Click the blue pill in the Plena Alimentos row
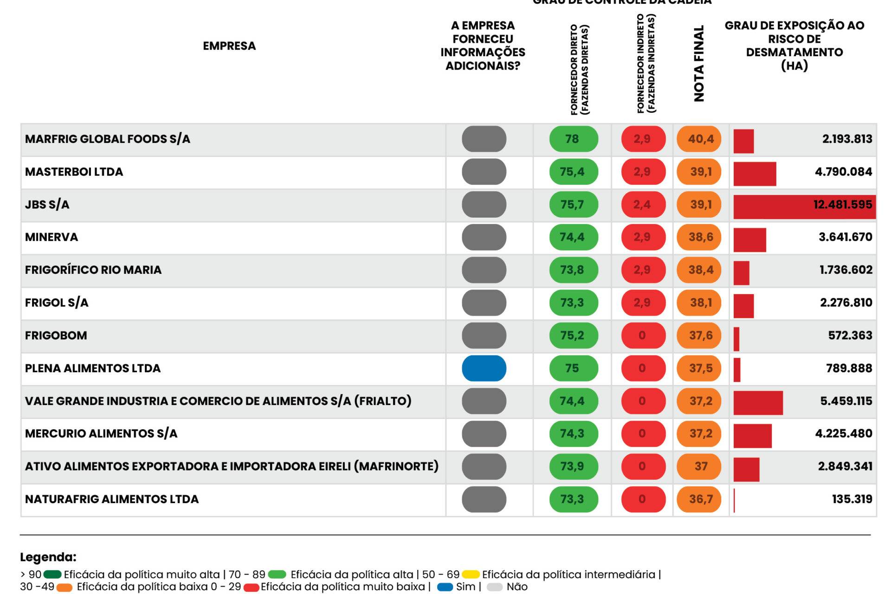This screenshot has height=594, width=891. point(484,368)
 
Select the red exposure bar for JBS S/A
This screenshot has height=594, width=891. point(804,205)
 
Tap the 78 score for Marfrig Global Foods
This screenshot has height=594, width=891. point(573,139)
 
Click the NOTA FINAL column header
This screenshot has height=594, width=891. point(699,64)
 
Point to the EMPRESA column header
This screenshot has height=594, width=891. point(229,46)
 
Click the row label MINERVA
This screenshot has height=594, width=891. point(52,237)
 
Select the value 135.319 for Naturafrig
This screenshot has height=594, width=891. point(852,499)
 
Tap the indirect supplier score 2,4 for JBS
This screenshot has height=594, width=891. point(642,205)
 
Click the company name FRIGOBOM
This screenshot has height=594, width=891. point(56,336)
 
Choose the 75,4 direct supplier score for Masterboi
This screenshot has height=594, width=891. point(573,172)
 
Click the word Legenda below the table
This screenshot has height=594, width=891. point(48,557)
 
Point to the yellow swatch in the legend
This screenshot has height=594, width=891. point(471,575)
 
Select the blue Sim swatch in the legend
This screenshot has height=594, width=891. point(445,587)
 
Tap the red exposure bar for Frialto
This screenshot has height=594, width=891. point(758,401)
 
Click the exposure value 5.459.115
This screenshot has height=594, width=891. point(846,401)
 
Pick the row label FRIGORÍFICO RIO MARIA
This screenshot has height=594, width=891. point(93,270)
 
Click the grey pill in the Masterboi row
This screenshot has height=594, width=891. point(484,172)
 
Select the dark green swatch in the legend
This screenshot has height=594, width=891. point(52,575)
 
